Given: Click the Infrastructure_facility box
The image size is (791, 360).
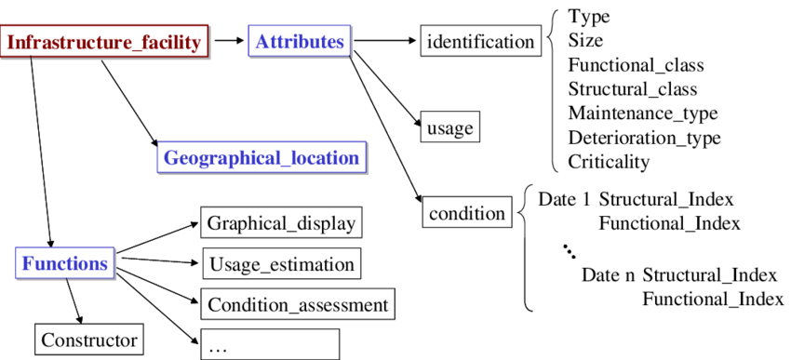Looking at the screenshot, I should (103, 42).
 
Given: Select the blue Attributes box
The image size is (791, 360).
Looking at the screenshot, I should (300, 42).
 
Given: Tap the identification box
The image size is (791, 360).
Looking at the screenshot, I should (480, 42).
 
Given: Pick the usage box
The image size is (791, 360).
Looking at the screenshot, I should (449, 127).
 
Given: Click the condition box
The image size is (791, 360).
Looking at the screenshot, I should (466, 213).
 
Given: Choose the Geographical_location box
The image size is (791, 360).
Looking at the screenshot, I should (261, 158).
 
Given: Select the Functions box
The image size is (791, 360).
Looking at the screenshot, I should (65, 263).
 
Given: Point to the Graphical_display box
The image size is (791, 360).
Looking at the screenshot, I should (281, 223).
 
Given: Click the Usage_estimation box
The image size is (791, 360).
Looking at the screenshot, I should (281, 264).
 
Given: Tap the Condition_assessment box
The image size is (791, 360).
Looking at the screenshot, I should (298, 304).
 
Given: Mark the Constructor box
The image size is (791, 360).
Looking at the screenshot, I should (89, 340).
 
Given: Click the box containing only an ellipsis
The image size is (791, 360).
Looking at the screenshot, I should (270, 344).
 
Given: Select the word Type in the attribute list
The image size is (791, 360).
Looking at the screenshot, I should (589, 17).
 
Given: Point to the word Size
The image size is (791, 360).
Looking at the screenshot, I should (585, 40).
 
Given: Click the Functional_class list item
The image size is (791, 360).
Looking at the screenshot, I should (636, 65).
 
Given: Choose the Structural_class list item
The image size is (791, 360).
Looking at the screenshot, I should (632, 89).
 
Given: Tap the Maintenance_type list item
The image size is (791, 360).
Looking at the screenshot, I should (642, 113).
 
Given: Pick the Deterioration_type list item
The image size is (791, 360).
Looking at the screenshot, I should (644, 138).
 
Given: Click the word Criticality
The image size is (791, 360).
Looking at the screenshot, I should (609, 161).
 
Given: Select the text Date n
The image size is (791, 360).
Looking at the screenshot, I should (609, 275).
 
